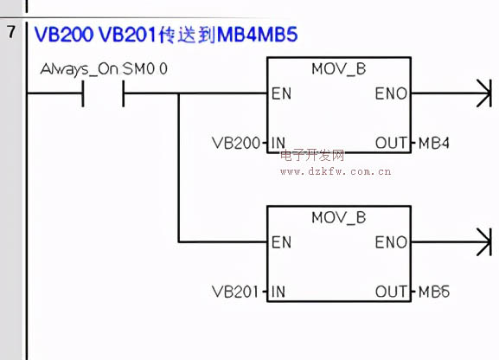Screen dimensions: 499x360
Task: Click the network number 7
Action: coord(11,32)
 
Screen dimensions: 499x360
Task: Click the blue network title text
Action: coord(166,35)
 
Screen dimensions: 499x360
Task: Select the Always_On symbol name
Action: coord(80,69)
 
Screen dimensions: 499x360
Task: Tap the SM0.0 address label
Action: coord(145,69)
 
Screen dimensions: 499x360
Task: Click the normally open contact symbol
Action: coord(103,93)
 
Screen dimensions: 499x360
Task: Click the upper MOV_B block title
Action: coord(339,70)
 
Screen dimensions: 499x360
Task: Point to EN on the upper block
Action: coord(281,93)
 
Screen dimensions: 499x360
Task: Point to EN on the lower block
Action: coord(281,242)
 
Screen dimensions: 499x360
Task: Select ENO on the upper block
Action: coord(391,93)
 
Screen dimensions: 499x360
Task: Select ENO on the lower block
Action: coord(391,242)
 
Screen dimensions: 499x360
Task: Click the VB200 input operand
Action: coord(236,143)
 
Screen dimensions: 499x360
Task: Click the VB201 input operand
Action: coord(235,292)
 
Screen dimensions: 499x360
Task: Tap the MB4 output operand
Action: coord(434,143)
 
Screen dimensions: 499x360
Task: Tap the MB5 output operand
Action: coord(434,292)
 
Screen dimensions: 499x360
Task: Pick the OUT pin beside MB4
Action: coord(391,143)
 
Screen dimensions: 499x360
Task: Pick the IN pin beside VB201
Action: coord(278,292)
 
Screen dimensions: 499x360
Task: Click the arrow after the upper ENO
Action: coord(451,93)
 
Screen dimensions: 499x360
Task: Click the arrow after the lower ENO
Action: coord(451,241)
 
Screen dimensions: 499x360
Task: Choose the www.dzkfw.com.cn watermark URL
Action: coord(336,171)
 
